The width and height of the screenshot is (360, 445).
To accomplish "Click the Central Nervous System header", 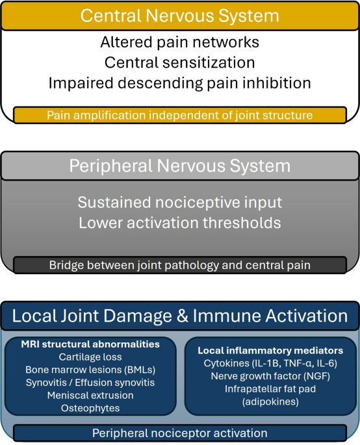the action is tap(180, 16).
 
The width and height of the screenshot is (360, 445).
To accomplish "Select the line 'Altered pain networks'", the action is tap(180, 42).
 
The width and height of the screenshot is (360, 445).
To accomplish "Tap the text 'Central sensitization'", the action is tap(180, 62).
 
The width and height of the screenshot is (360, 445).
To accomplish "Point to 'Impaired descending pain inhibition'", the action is tap(180, 83).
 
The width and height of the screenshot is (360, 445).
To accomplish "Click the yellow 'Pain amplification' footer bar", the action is tap(180, 115).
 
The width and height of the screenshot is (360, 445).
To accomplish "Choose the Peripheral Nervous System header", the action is tap(180, 166).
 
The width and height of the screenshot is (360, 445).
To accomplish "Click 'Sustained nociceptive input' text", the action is tap(180, 202).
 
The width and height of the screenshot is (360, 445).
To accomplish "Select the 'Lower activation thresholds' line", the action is tap(180, 223).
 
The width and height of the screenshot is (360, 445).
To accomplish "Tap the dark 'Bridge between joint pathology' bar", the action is tap(180, 265).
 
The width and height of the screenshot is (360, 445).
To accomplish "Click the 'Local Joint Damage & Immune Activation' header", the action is tap(180, 316).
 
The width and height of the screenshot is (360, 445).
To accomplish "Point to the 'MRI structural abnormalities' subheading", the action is tap(90, 344).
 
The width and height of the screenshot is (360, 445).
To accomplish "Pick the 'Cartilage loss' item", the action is tap(90, 357).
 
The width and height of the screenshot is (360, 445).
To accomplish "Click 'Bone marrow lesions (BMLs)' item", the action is tap(90, 370).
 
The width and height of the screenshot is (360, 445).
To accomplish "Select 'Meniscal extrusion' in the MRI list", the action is tap(90, 395).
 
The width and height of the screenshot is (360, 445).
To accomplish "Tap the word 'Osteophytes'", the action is tap(90, 408).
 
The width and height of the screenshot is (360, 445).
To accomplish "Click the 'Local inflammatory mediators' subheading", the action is tap(270, 350).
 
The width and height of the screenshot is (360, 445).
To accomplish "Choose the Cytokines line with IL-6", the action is tap(270, 363).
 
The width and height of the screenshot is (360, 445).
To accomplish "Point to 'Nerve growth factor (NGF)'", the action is tap(270, 376).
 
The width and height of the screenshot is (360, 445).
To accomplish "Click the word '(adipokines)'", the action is tap(270, 401).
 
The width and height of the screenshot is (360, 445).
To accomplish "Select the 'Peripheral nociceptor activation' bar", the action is tap(180, 433).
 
